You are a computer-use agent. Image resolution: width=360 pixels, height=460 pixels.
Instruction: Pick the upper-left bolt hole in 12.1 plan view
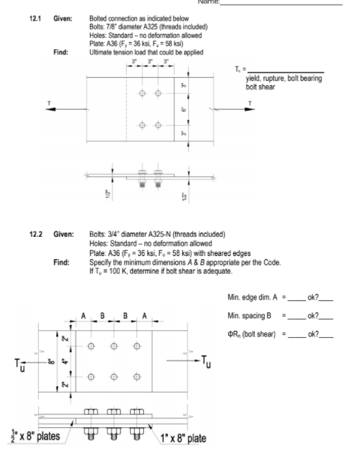tap(142, 93)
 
